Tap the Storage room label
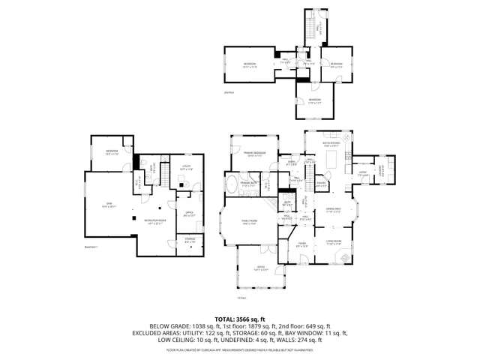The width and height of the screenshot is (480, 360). click(190, 241)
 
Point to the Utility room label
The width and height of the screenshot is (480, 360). click(186, 168)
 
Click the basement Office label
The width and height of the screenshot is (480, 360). click(189, 213)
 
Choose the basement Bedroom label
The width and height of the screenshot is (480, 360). click(112, 153)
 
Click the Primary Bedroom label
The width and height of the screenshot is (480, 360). click(255, 154)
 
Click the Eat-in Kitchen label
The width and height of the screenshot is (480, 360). click(331, 145)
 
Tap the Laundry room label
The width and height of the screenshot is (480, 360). click(383, 169)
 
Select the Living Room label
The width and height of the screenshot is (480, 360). click(333, 243)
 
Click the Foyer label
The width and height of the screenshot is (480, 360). click(301, 244)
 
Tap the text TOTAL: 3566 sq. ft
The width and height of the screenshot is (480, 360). click(240, 319)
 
